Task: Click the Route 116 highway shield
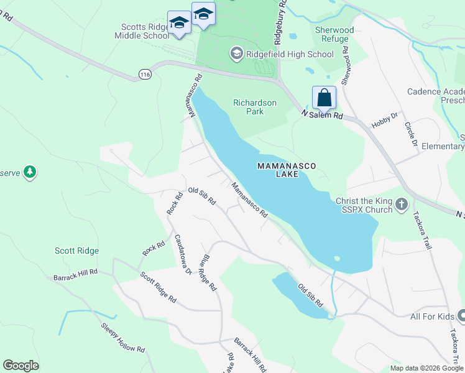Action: (145, 74)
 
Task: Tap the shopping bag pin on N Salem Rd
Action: (324, 98)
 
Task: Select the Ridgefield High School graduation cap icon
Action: (236, 54)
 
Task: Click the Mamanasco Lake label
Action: (287, 170)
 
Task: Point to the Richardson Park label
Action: (255, 107)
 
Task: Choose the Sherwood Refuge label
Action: (334, 34)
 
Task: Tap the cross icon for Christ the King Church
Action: (402, 203)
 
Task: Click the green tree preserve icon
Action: (29, 172)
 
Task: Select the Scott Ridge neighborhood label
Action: (76, 251)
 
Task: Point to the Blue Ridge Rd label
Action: (207, 273)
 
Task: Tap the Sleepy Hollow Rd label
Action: (123, 338)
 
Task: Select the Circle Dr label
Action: (410, 134)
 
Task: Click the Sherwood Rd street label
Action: (346, 65)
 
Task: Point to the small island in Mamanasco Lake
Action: (336, 258)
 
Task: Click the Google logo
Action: (21, 366)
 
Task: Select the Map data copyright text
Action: (426, 368)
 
